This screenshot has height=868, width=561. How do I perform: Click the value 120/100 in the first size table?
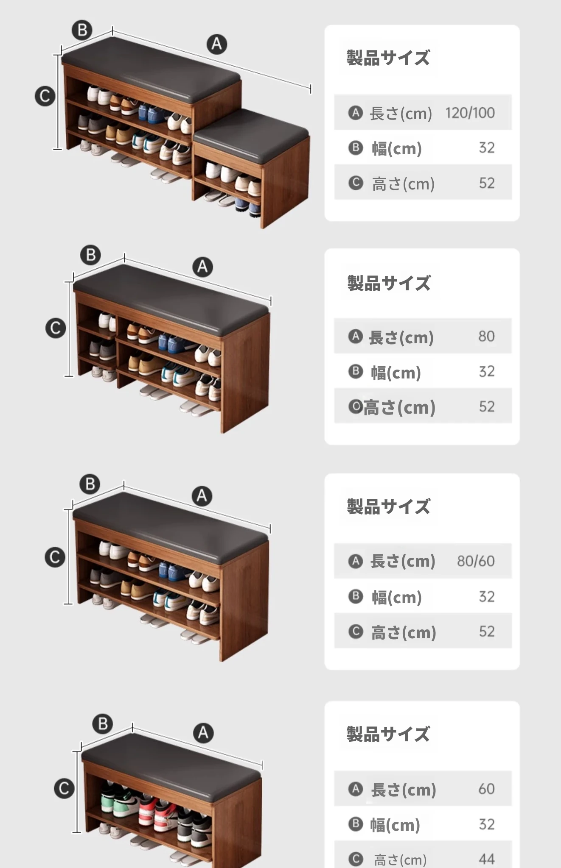[470, 113]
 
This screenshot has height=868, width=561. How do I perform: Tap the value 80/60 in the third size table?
[476, 561]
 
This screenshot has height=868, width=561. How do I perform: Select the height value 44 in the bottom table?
[487, 859]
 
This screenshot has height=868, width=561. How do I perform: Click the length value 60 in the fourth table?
[487, 789]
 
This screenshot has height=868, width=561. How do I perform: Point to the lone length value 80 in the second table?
[487, 336]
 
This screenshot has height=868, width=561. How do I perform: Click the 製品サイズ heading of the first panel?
[388, 58]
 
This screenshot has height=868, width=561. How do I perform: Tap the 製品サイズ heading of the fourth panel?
[388, 734]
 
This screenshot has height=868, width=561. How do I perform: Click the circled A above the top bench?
[217, 44]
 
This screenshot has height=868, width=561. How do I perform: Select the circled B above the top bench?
[82, 30]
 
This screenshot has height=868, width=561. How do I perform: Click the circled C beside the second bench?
[56, 328]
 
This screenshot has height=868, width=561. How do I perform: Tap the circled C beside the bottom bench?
[64, 788]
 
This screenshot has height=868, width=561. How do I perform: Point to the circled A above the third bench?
[202, 496]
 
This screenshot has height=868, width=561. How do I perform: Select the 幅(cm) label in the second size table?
[396, 373]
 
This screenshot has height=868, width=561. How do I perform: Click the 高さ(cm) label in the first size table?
[403, 184]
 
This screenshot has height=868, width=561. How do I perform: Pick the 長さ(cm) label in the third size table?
[403, 561]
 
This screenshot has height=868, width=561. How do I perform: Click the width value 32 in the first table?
[487, 147]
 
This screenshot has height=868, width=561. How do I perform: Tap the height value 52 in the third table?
[487, 632]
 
